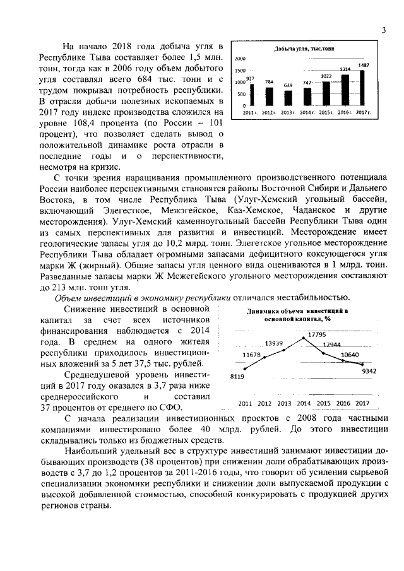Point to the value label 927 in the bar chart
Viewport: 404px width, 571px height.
coord(250,78)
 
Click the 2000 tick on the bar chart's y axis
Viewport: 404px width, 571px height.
coord(240,59)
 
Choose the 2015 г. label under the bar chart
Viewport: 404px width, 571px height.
coord(326,112)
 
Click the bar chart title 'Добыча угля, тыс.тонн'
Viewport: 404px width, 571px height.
coord(304,49)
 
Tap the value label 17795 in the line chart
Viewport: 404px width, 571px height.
coord(317,333)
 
